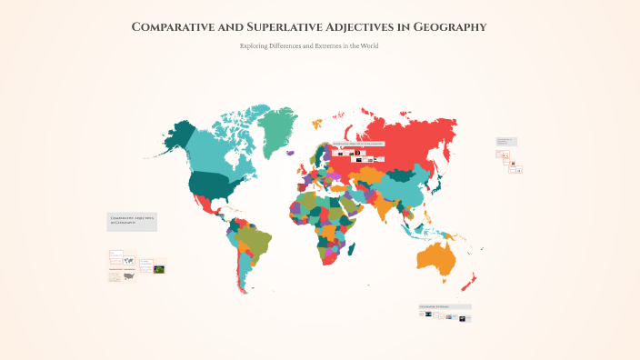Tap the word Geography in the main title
[x=449, y=26]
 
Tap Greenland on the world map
[x=274, y=128]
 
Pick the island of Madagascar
[x=355, y=256]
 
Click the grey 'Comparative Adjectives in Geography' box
[x=132, y=221]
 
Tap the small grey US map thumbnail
[x=128, y=275]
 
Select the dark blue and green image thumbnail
[x=159, y=269]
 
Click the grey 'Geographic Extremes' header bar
[x=445, y=306]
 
